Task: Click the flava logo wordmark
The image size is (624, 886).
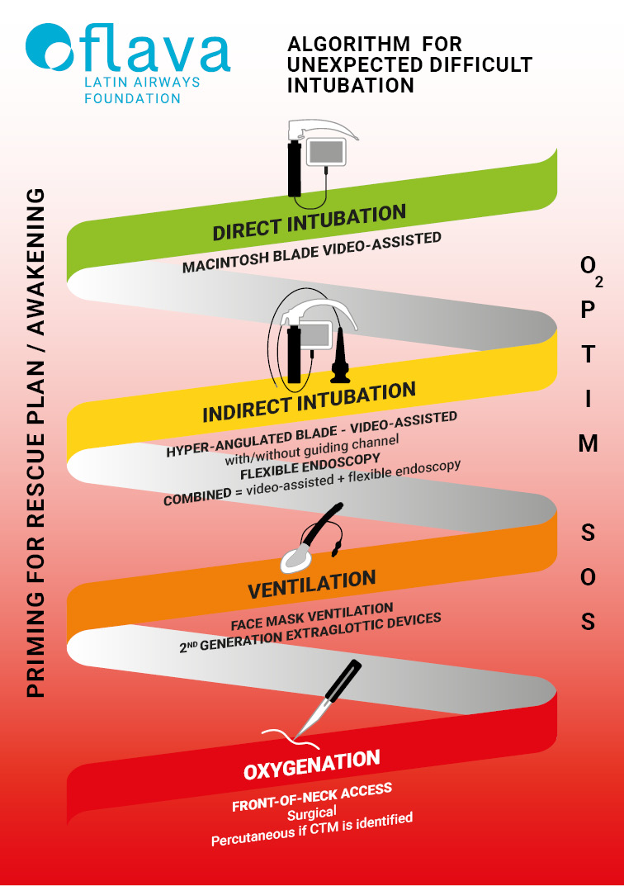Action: pyautogui.click(x=128, y=52)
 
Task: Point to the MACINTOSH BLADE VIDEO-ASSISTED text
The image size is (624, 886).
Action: pyautogui.click(x=312, y=253)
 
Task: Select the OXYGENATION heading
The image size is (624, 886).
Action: pyautogui.click(x=312, y=764)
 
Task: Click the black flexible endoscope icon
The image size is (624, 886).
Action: pyautogui.click(x=341, y=357)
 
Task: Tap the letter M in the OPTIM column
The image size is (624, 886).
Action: pyautogui.click(x=588, y=444)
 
